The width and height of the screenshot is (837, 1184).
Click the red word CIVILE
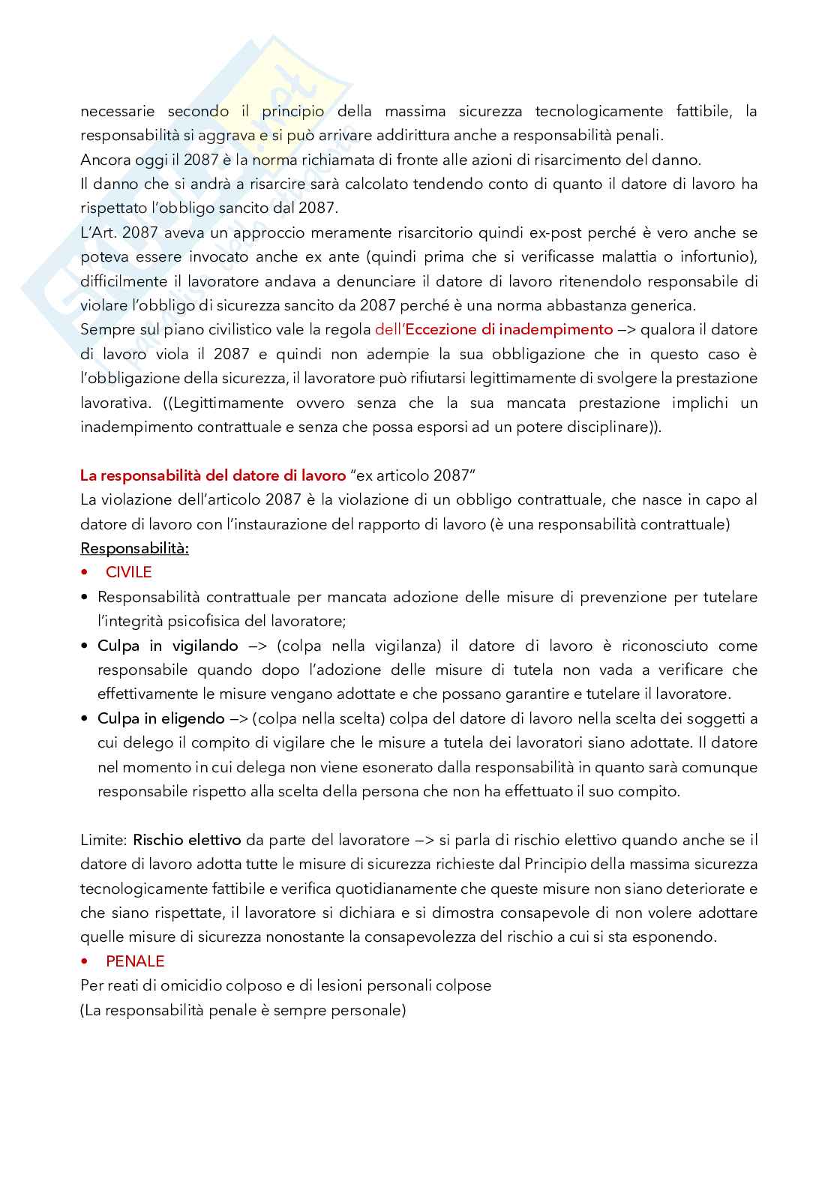128,572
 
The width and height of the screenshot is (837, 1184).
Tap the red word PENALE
135,961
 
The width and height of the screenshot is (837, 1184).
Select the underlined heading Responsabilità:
134,548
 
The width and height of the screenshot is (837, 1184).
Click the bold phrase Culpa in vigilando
168,646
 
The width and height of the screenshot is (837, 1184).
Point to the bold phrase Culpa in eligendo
161,718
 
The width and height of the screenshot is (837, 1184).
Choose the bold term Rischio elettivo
187,840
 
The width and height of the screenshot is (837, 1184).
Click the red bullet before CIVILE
84,573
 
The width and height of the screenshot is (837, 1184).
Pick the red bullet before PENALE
84,962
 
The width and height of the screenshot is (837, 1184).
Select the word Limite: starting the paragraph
104,840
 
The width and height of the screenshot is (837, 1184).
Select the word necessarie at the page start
118,111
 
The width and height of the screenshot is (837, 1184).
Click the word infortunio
716,256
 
